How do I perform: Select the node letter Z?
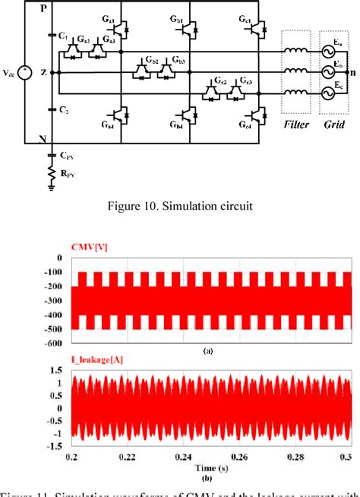pyautogui.click(x=43, y=73)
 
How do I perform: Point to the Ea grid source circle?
pyautogui.click(x=330, y=52)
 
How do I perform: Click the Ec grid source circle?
pyautogui.click(x=330, y=93)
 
